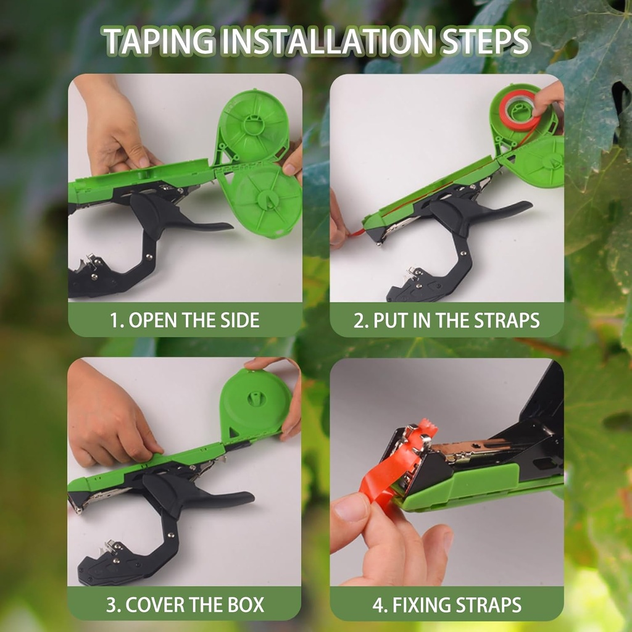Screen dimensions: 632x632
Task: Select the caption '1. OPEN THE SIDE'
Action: coord(185,320)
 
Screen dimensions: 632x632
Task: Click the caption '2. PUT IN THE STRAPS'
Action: coord(447,320)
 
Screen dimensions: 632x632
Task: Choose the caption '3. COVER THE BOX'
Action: coord(185,604)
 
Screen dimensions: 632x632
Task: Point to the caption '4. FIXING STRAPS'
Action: coord(447,604)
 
